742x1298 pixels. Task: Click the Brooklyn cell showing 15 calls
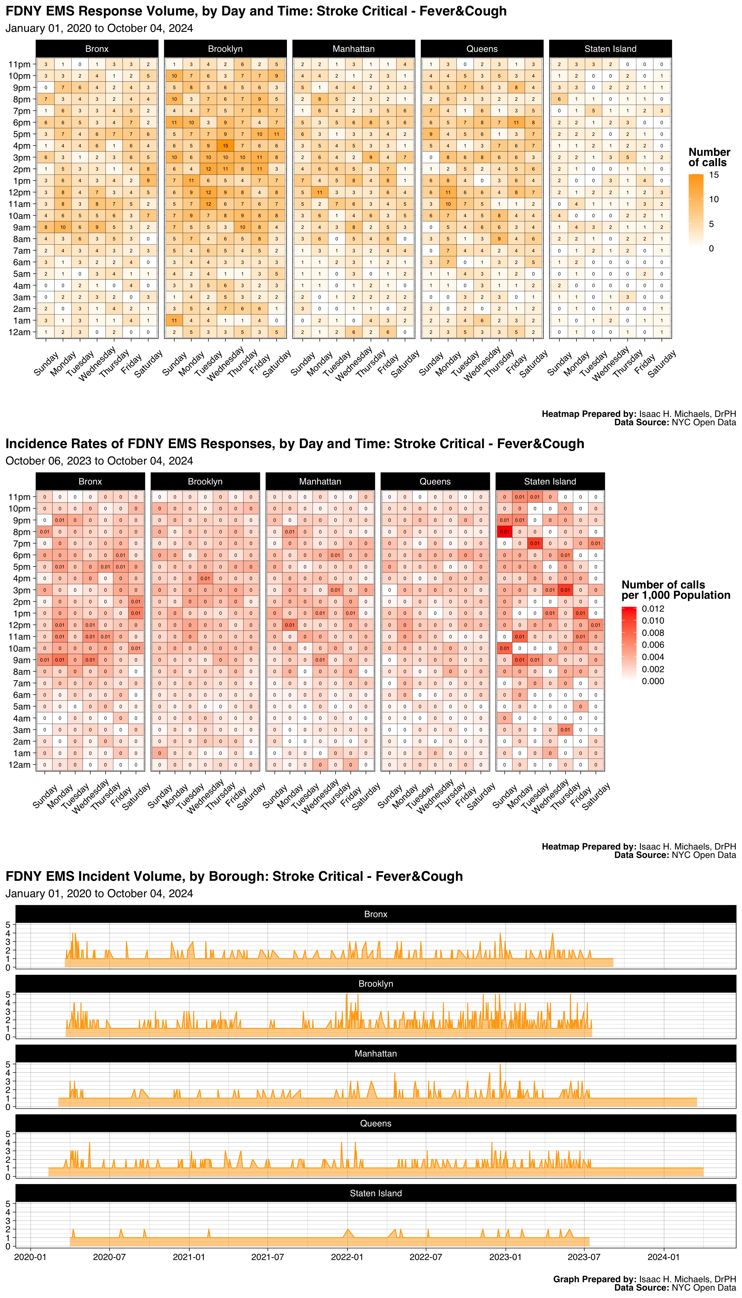[x=225, y=146]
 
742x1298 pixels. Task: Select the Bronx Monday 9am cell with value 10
[x=63, y=227]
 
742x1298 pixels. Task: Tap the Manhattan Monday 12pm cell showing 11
[x=319, y=193]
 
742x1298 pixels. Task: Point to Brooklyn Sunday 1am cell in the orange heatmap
[x=174, y=320]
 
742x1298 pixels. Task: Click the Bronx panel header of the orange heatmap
[x=97, y=49]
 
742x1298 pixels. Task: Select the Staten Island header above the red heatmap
[x=550, y=481]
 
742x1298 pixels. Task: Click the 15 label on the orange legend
[x=714, y=175]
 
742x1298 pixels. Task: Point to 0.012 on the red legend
[x=653, y=609]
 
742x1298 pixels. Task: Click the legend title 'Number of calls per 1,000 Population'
[x=675, y=590]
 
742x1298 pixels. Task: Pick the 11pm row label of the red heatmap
[x=19, y=497]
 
